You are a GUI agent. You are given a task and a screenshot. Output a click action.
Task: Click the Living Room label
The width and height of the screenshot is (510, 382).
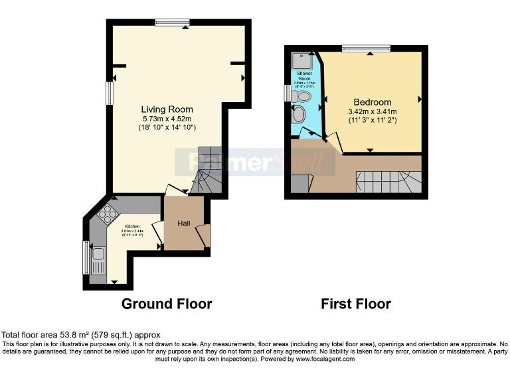(167, 109)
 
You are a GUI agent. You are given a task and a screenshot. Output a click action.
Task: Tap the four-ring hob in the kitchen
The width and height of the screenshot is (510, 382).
(106, 214)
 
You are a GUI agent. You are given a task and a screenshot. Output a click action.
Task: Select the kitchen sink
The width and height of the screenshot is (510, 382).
(98, 255)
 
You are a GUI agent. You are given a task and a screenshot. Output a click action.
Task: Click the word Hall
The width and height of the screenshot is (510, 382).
(184, 223)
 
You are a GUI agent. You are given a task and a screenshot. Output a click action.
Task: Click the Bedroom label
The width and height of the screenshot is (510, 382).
(372, 101)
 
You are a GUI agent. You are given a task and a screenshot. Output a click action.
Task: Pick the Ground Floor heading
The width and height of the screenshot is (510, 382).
(166, 304)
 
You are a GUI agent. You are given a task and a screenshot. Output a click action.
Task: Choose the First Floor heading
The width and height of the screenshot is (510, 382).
(355, 304)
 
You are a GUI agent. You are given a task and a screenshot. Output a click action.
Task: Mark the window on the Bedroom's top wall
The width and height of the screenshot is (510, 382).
(366, 48)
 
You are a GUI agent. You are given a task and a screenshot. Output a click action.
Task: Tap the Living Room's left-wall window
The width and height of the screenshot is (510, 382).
(110, 92)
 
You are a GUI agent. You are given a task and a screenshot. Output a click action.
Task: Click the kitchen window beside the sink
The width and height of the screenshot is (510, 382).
(86, 257)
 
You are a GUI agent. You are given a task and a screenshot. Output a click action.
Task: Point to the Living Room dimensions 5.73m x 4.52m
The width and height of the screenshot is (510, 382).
(167, 119)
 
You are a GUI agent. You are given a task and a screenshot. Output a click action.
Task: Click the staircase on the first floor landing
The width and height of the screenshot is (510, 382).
(388, 180)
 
